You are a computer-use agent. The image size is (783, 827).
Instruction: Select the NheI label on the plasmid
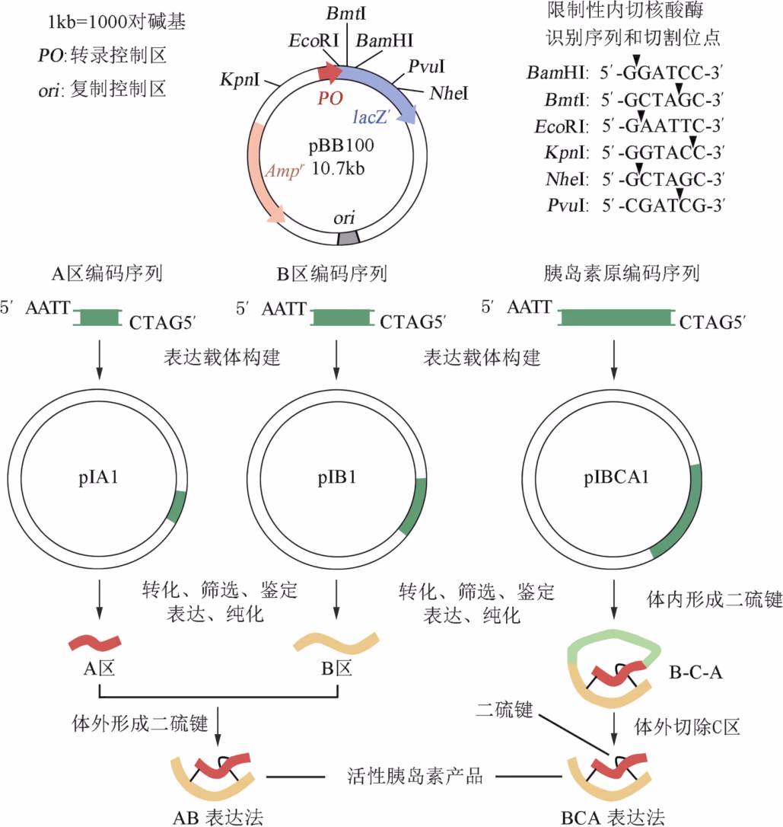(448, 94)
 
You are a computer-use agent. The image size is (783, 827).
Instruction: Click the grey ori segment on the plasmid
(347, 238)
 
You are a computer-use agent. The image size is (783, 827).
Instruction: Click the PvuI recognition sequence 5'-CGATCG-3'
(660, 205)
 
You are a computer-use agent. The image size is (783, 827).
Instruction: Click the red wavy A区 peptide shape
(93, 641)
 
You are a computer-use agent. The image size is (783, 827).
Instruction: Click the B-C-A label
(695, 672)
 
